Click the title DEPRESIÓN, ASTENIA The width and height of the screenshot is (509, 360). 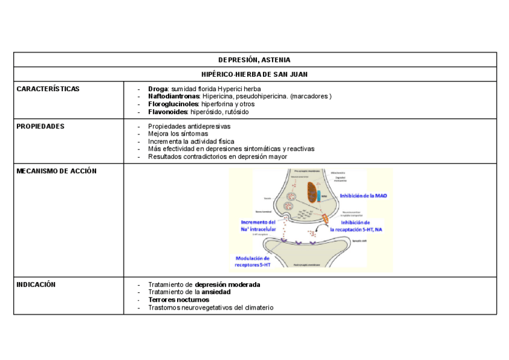click(x=254, y=60)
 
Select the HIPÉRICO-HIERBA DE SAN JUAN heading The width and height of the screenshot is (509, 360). click(x=254, y=74)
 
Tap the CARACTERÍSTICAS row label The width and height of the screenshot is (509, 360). click(x=48, y=89)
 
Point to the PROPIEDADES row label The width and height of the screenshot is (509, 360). click(x=41, y=127)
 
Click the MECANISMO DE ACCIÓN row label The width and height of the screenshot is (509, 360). click(x=56, y=171)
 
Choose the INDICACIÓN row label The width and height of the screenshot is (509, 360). click(x=36, y=284)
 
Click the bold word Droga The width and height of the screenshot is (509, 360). click(x=158, y=89)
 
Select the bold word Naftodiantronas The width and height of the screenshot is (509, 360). click(x=173, y=97)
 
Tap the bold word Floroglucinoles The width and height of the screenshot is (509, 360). click(x=173, y=104)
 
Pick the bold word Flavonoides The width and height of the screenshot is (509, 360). click(x=168, y=112)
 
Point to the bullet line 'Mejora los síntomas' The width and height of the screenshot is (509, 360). click(x=178, y=134)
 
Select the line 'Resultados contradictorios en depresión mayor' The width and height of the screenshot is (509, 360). click(x=217, y=157)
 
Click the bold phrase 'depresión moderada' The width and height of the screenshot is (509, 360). click(x=227, y=284)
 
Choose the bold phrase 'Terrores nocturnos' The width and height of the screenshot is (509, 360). click(x=178, y=300)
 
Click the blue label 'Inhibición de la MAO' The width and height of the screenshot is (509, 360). click(x=363, y=196)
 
